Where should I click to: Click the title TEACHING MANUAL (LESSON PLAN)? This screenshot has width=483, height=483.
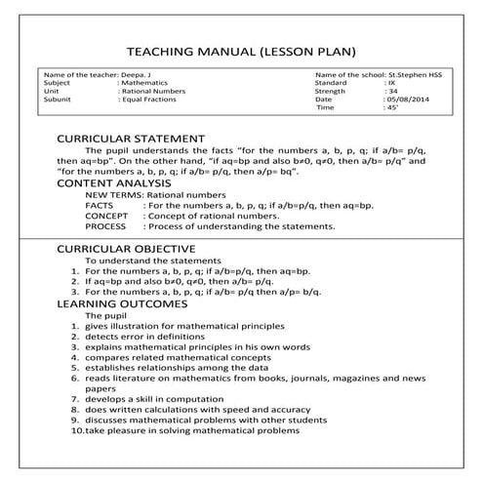pyautogui.click(x=241, y=51)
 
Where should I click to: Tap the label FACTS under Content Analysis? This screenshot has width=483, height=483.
pyautogui.click(x=99, y=206)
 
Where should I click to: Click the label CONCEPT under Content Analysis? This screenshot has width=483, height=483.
pyautogui.click(x=104, y=216)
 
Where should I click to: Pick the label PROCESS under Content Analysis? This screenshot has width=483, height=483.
pyautogui.click(x=104, y=226)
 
